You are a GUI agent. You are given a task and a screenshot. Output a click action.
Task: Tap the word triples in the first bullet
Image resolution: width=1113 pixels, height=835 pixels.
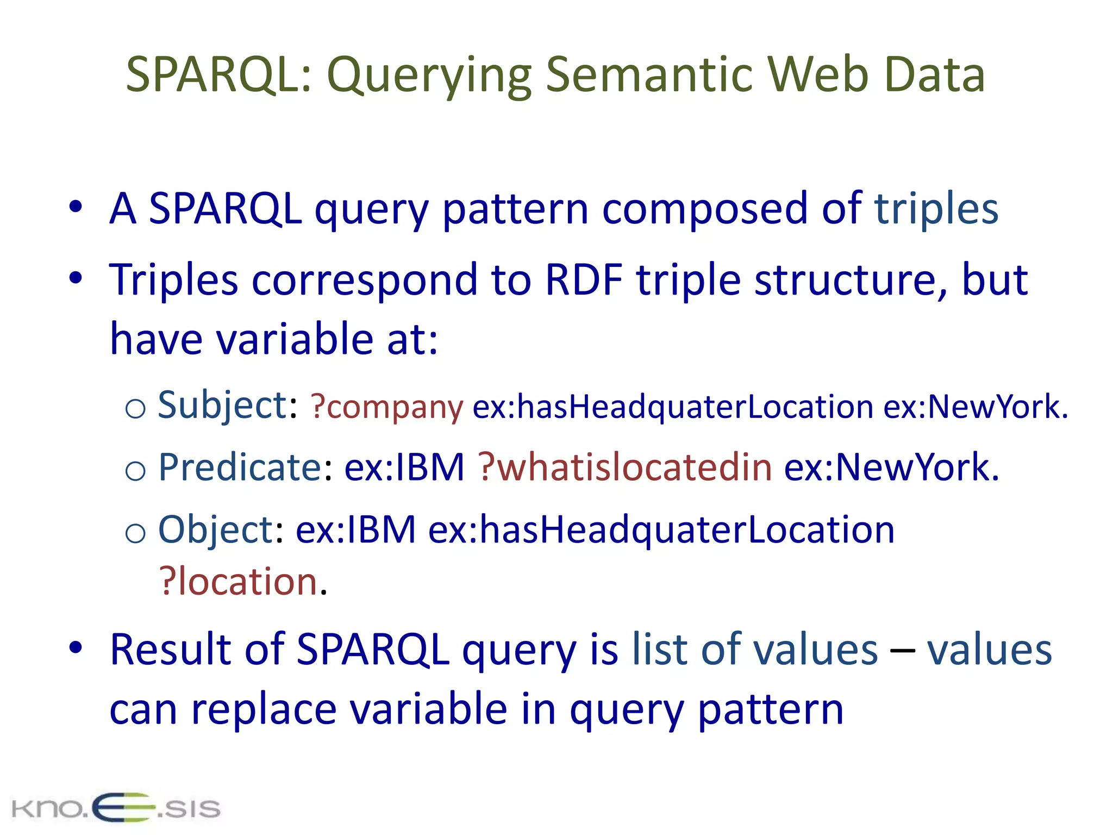click(x=936, y=209)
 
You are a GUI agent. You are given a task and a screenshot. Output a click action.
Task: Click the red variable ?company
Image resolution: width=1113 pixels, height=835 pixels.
click(x=386, y=408)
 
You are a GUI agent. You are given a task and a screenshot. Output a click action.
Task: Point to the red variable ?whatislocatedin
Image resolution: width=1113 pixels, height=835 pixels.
click(x=625, y=468)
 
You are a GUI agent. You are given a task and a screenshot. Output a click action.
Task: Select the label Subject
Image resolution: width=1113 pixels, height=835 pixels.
click(x=222, y=406)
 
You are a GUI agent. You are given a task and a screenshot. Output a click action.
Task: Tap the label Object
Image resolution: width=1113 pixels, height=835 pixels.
click(x=216, y=530)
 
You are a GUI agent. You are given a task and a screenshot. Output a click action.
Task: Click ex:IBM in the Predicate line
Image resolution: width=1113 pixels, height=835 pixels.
click(x=404, y=468)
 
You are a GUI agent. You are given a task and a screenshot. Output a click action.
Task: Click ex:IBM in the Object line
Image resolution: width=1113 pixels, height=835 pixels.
click(x=355, y=530)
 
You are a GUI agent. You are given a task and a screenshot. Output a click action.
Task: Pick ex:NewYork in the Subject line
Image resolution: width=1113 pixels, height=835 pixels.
click(x=975, y=408)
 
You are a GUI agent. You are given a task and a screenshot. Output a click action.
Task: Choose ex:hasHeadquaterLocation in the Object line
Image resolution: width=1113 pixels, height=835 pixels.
click(x=661, y=530)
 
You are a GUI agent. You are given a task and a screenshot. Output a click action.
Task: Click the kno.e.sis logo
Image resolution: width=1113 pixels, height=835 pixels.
click(x=116, y=808)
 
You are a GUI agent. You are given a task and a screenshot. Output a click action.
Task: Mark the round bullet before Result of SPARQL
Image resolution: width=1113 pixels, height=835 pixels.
click(x=76, y=647)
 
